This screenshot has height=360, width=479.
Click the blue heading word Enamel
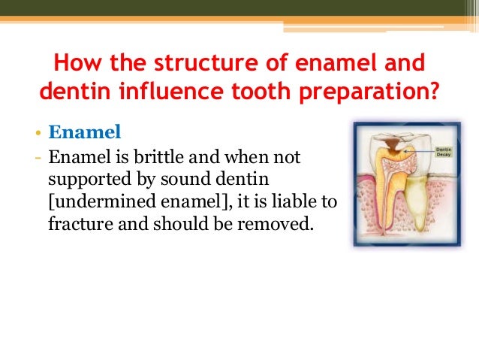click(84, 133)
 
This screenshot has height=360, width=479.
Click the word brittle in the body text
click(161, 158)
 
